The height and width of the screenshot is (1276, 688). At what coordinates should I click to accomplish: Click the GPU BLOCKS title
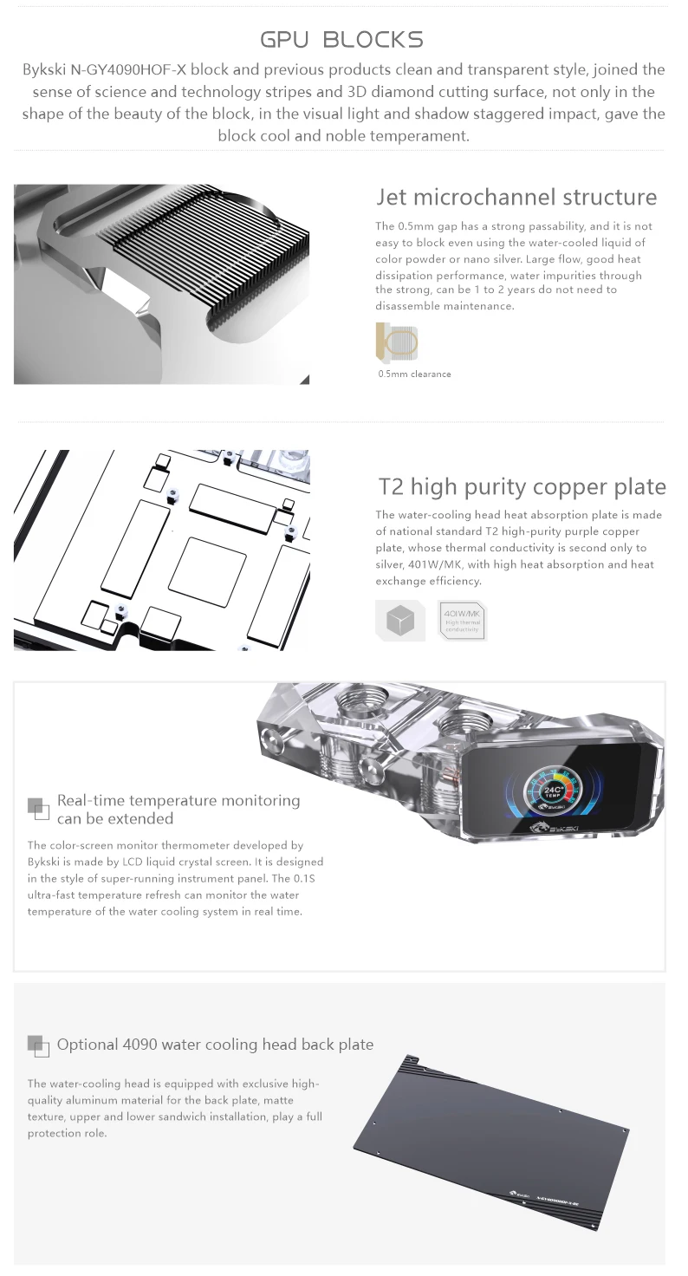342,39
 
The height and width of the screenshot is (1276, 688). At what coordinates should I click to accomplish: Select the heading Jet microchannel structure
516,197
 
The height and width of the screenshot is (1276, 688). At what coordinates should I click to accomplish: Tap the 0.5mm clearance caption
414,374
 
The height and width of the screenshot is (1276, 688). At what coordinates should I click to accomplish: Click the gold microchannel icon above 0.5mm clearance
397,342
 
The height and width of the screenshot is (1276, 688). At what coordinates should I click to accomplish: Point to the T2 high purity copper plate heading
522,486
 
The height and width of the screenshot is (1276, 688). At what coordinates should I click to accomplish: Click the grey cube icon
399,621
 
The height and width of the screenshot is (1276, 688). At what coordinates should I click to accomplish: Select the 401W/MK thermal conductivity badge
462,621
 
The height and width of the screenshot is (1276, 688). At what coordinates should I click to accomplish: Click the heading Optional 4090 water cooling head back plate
215,1045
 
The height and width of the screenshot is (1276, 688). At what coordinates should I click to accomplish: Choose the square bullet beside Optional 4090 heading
37,1045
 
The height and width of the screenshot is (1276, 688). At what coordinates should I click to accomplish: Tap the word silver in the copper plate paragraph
390,564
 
